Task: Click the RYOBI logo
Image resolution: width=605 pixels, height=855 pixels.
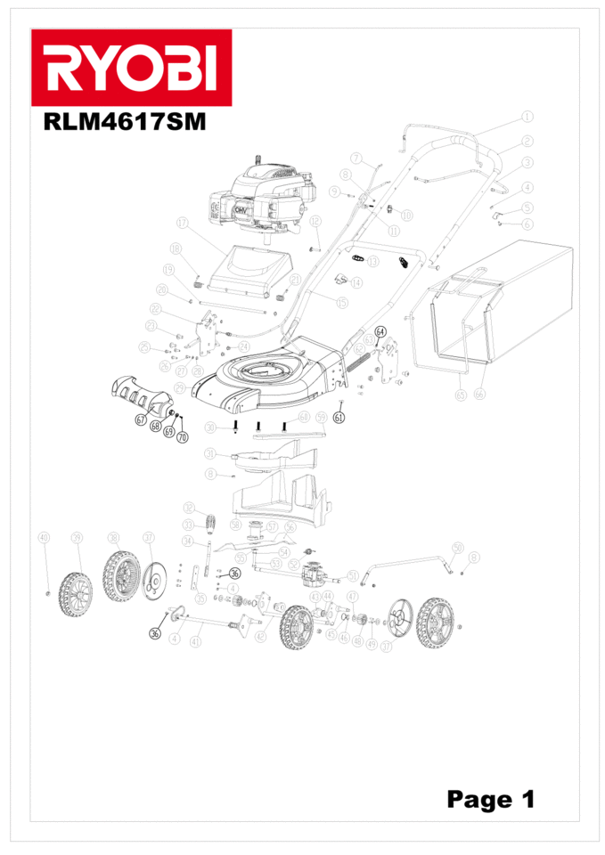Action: click(x=131, y=68)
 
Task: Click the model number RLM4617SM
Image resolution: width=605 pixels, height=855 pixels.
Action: click(x=125, y=122)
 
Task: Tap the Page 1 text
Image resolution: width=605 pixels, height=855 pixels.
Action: click(x=491, y=799)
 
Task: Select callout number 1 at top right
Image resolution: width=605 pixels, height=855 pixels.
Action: click(x=527, y=116)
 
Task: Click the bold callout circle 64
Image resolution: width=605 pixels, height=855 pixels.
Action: click(x=381, y=331)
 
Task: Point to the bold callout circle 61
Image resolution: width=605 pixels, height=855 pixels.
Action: click(x=339, y=416)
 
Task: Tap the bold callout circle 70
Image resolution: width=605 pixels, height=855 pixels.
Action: click(x=183, y=437)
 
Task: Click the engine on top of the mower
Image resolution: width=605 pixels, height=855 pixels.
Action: click(x=264, y=200)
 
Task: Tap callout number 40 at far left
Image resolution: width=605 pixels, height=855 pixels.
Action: click(x=44, y=537)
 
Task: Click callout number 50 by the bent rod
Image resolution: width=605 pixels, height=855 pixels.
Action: click(x=458, y=546)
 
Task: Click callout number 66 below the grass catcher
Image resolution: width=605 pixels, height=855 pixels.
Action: click(x=479, y=394)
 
